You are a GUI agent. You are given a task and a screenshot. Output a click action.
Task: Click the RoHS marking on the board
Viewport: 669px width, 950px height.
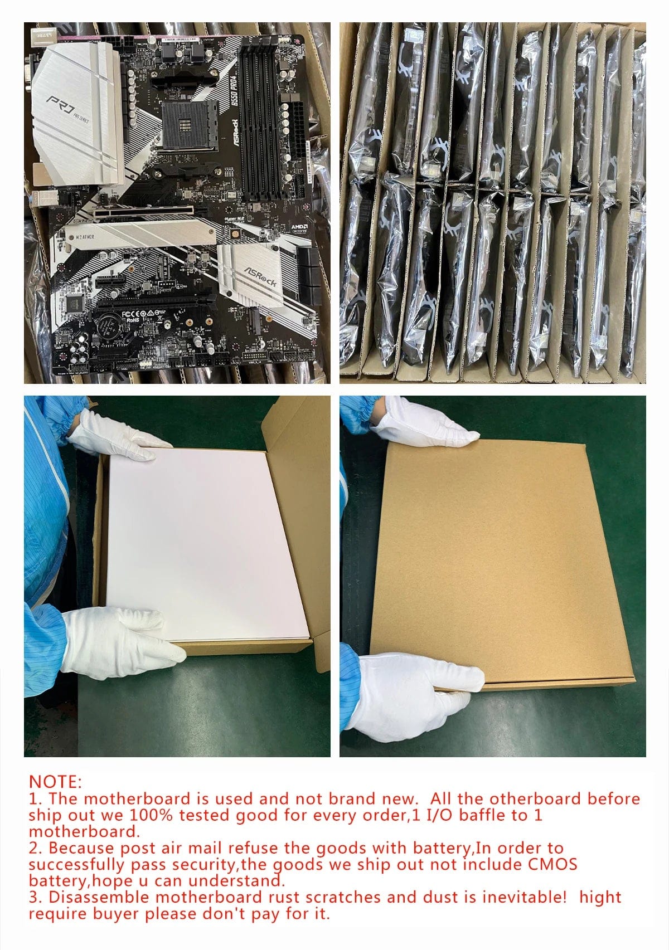(133, 320)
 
